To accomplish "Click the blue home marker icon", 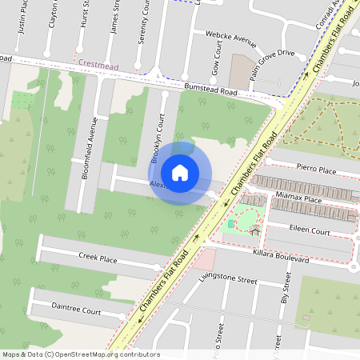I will pos(180,173).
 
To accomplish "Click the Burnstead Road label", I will pos(210,92).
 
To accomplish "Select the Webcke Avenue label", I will pos(230,37).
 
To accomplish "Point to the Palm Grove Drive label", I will pos(271,54).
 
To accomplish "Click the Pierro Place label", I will pos(316,170).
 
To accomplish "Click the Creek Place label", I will pos(98,258).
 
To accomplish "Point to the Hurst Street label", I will pos(84,16).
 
